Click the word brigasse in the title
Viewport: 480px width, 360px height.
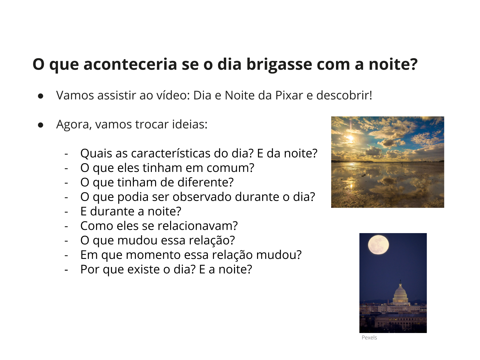click(279, 65)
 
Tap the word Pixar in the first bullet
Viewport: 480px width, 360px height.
click(289, 95)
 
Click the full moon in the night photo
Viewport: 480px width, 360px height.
click(379, 245)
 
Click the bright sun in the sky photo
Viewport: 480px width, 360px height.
click(350, 138)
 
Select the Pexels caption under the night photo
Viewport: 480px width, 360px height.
click(369, 337)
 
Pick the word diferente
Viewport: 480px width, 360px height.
click(205, 182)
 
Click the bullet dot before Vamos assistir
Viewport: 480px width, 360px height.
click(40, 96)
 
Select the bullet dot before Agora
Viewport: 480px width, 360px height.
click(40, 125)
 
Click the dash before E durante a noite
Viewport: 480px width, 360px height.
click(66, 212)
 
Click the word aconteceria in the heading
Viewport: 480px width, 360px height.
click(130, 65)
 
